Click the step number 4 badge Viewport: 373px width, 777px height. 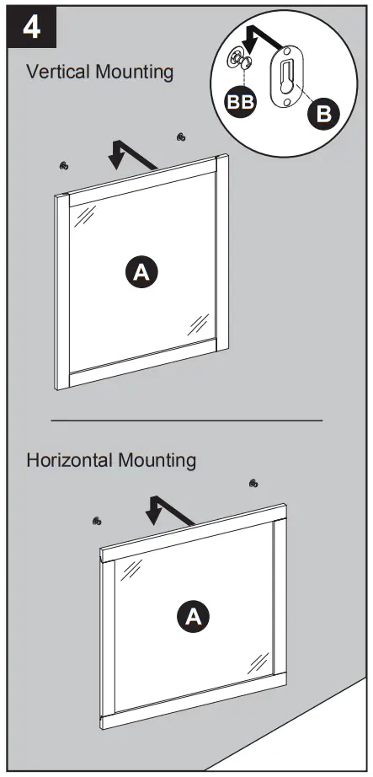coord(32,26)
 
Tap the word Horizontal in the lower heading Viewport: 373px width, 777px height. coord(68,461)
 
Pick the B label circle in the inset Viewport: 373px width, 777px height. coord(323,113)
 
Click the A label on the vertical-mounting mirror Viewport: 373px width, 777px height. coord(141,271)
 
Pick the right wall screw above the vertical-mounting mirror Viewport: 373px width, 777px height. coord(181,137)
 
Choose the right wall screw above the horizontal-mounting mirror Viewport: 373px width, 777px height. coord(253,483)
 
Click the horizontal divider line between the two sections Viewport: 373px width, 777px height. coord(187,420)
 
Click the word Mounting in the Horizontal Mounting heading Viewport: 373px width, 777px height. coord(157,461)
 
